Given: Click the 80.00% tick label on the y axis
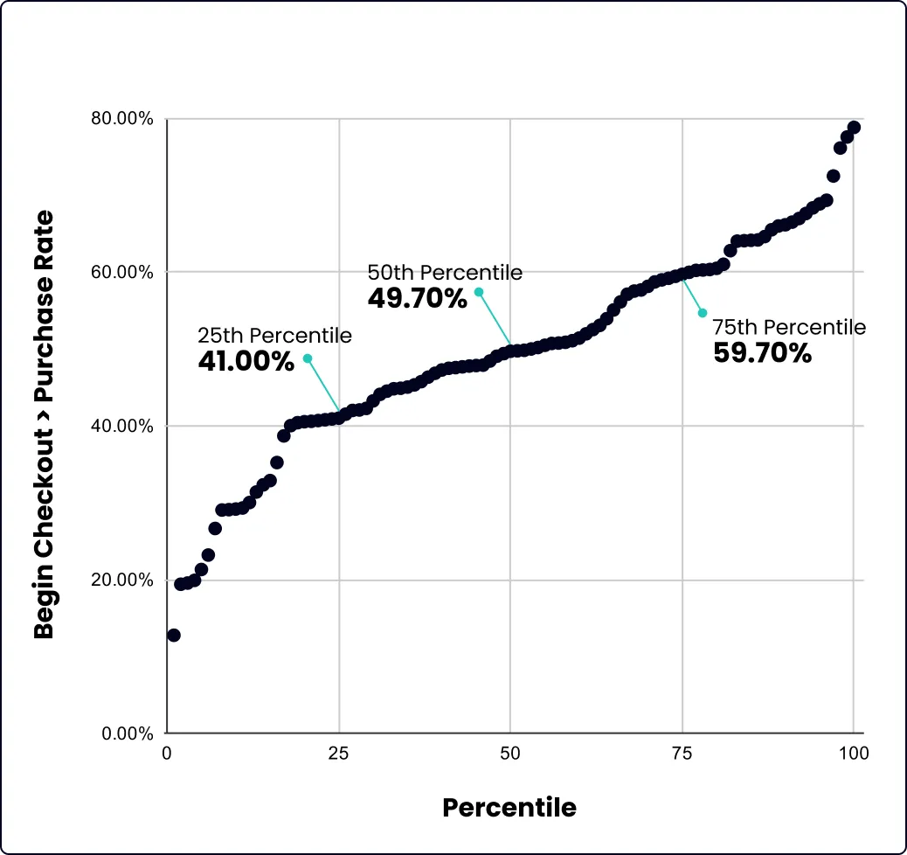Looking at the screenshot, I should click(x=122, y=119).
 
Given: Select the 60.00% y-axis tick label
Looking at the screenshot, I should click(x=122, y=273).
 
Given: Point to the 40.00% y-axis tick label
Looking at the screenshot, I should click(x=122, y=427).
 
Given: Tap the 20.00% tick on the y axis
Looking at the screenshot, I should click(x=122, y=580).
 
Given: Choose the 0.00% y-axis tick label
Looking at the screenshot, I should click(x=127, y=733).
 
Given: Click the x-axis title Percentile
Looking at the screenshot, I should click(x=509, y=807).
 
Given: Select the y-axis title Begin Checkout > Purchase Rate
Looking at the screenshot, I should click(x=44, y=425).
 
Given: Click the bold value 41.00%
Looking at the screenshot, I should click(x=246, y=361).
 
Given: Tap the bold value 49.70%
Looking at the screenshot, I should click(x=418, y=298).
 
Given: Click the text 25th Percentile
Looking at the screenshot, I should click(x=274, y=336).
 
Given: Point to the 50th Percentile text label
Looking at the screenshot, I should click(x=445, y=273).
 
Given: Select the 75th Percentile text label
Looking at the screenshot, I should click(x=789, y=327).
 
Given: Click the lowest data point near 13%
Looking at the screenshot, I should click(x=174, y=635).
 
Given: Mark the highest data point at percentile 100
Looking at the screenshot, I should click(x=854, y=128).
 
